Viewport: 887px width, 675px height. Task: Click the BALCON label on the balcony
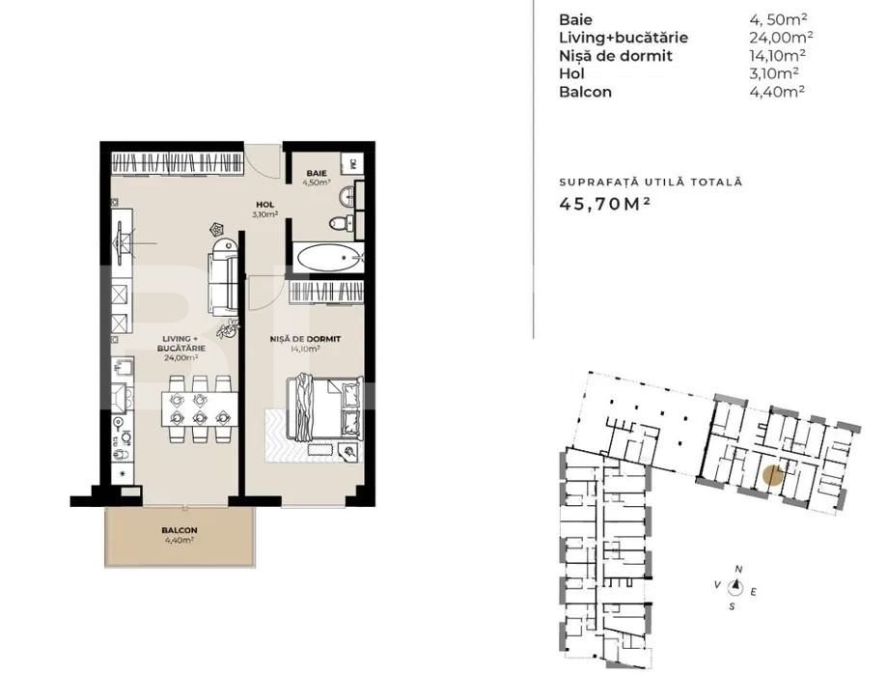pos(179,530)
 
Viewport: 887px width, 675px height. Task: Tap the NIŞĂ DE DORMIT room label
pos(303,340)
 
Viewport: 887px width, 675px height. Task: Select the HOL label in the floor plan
pos(263,204)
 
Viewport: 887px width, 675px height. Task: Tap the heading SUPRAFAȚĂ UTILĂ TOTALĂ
pos(651,182)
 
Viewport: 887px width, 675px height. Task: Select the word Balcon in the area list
pos(585,93)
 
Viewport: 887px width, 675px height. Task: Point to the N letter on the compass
pos(738,569)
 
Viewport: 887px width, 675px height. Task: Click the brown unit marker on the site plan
pos(770,474)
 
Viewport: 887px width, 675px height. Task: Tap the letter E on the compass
pos(755,589)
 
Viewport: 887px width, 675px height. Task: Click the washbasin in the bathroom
pos(347,197)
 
